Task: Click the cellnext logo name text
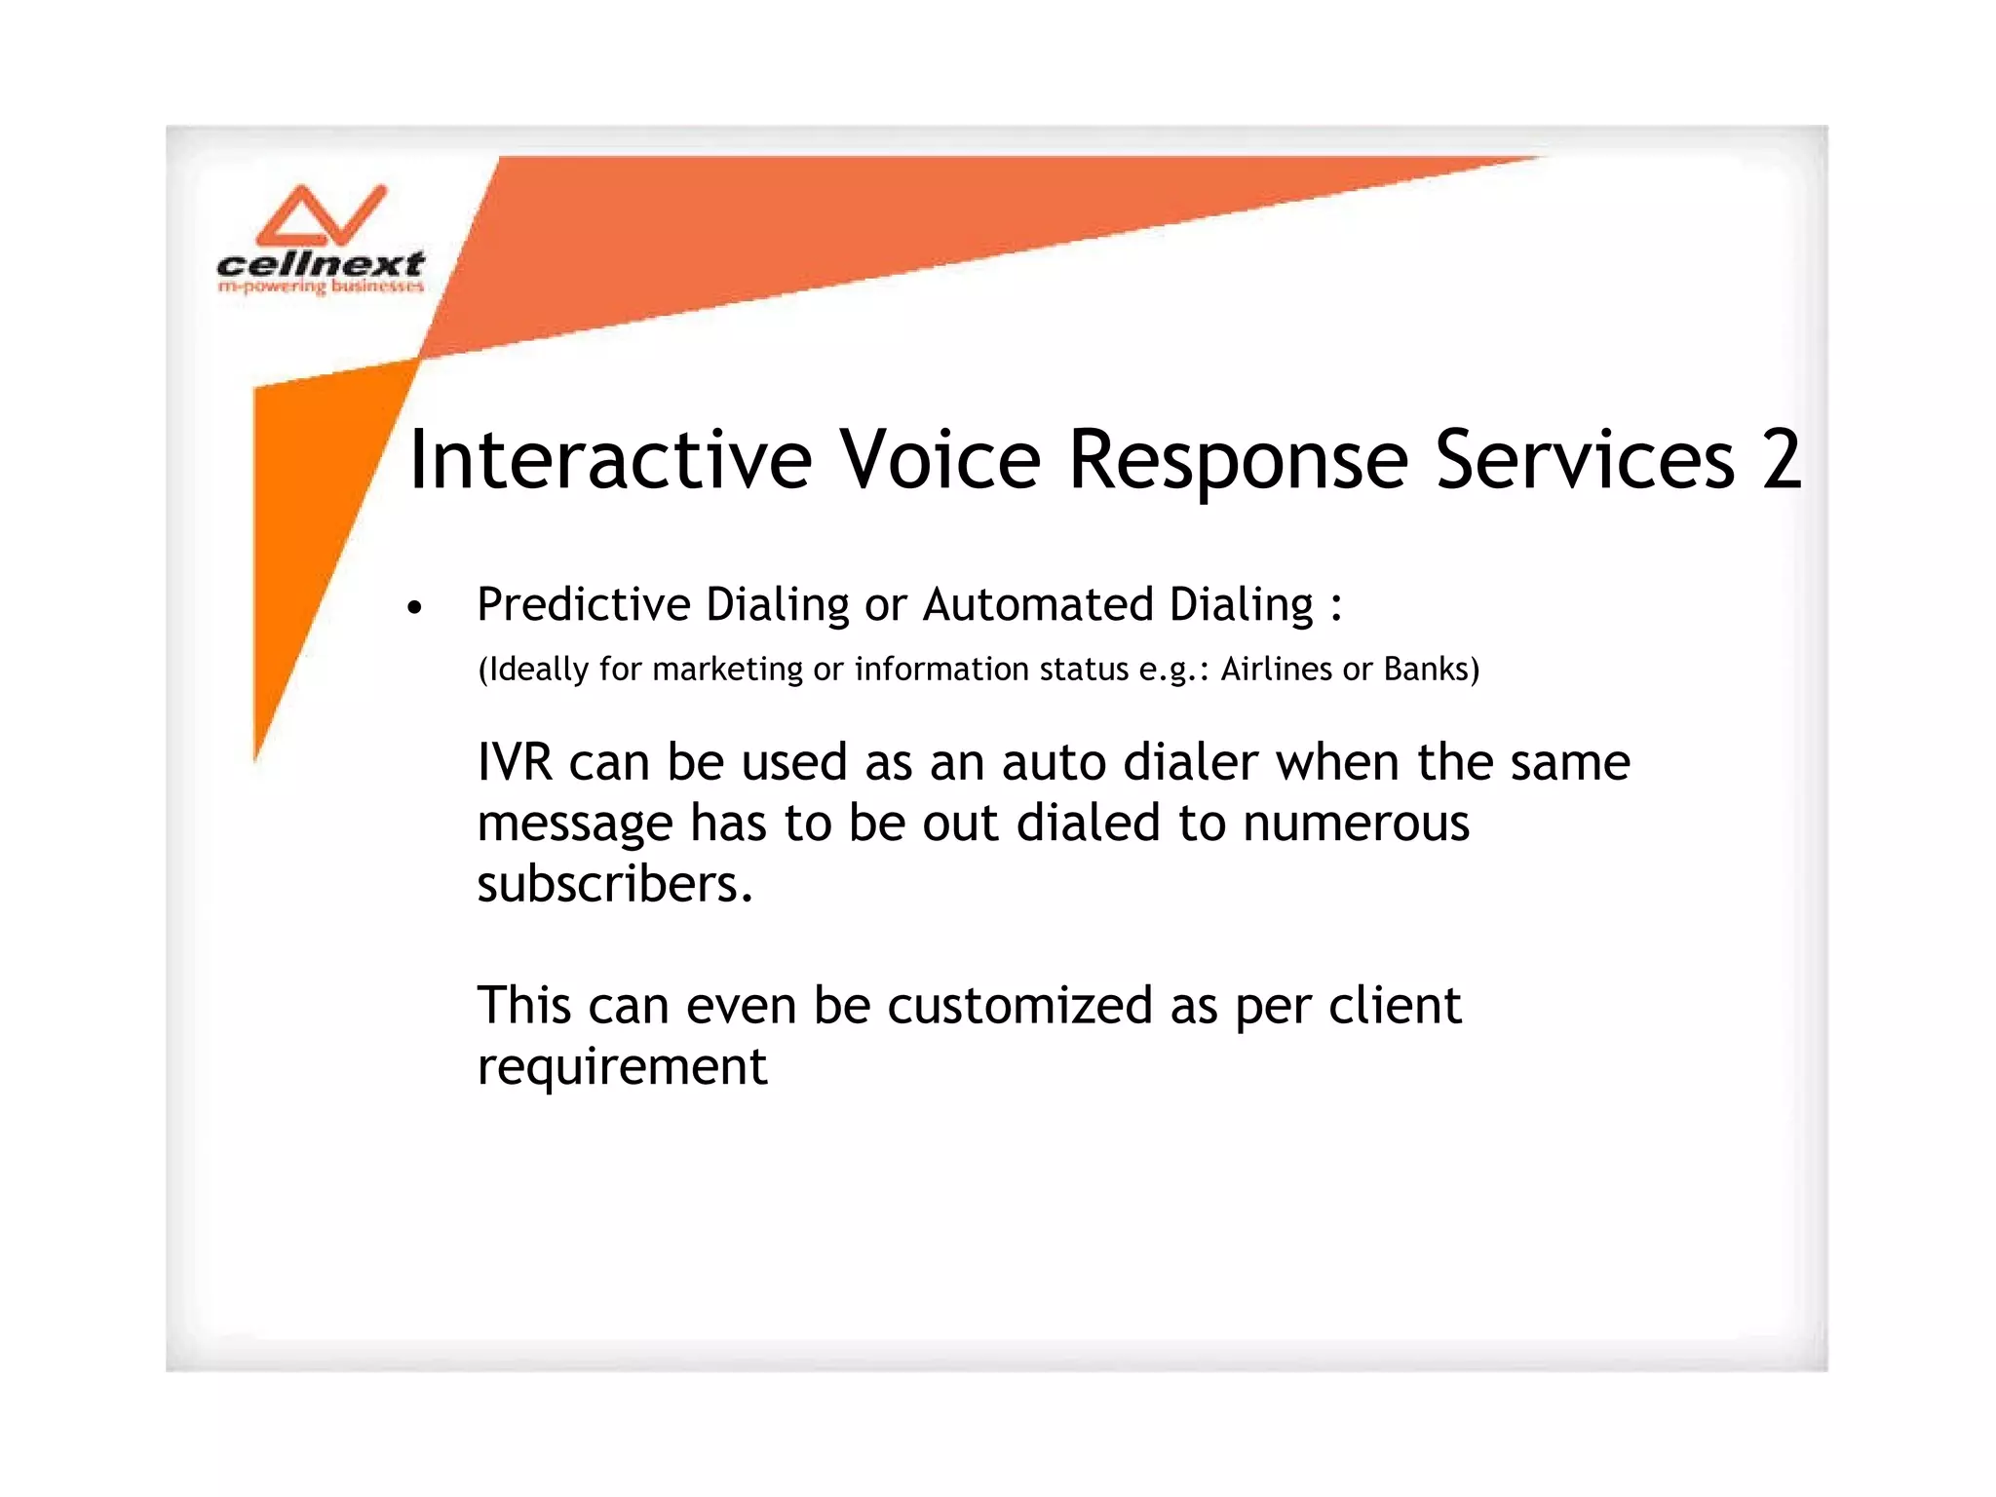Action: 321,264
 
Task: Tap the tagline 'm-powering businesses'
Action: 321,287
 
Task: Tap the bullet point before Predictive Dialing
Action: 415,608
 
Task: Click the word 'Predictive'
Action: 583,604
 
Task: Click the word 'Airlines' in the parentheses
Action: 1276,670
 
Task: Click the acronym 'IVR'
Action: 515,762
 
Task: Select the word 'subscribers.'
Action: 615,885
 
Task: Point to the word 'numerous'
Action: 1356,824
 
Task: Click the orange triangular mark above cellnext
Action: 322,216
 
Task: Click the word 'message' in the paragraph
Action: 574,824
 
